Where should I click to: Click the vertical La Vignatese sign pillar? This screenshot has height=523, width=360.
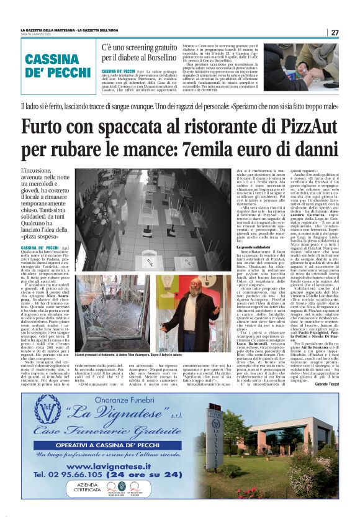pos(286,453)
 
